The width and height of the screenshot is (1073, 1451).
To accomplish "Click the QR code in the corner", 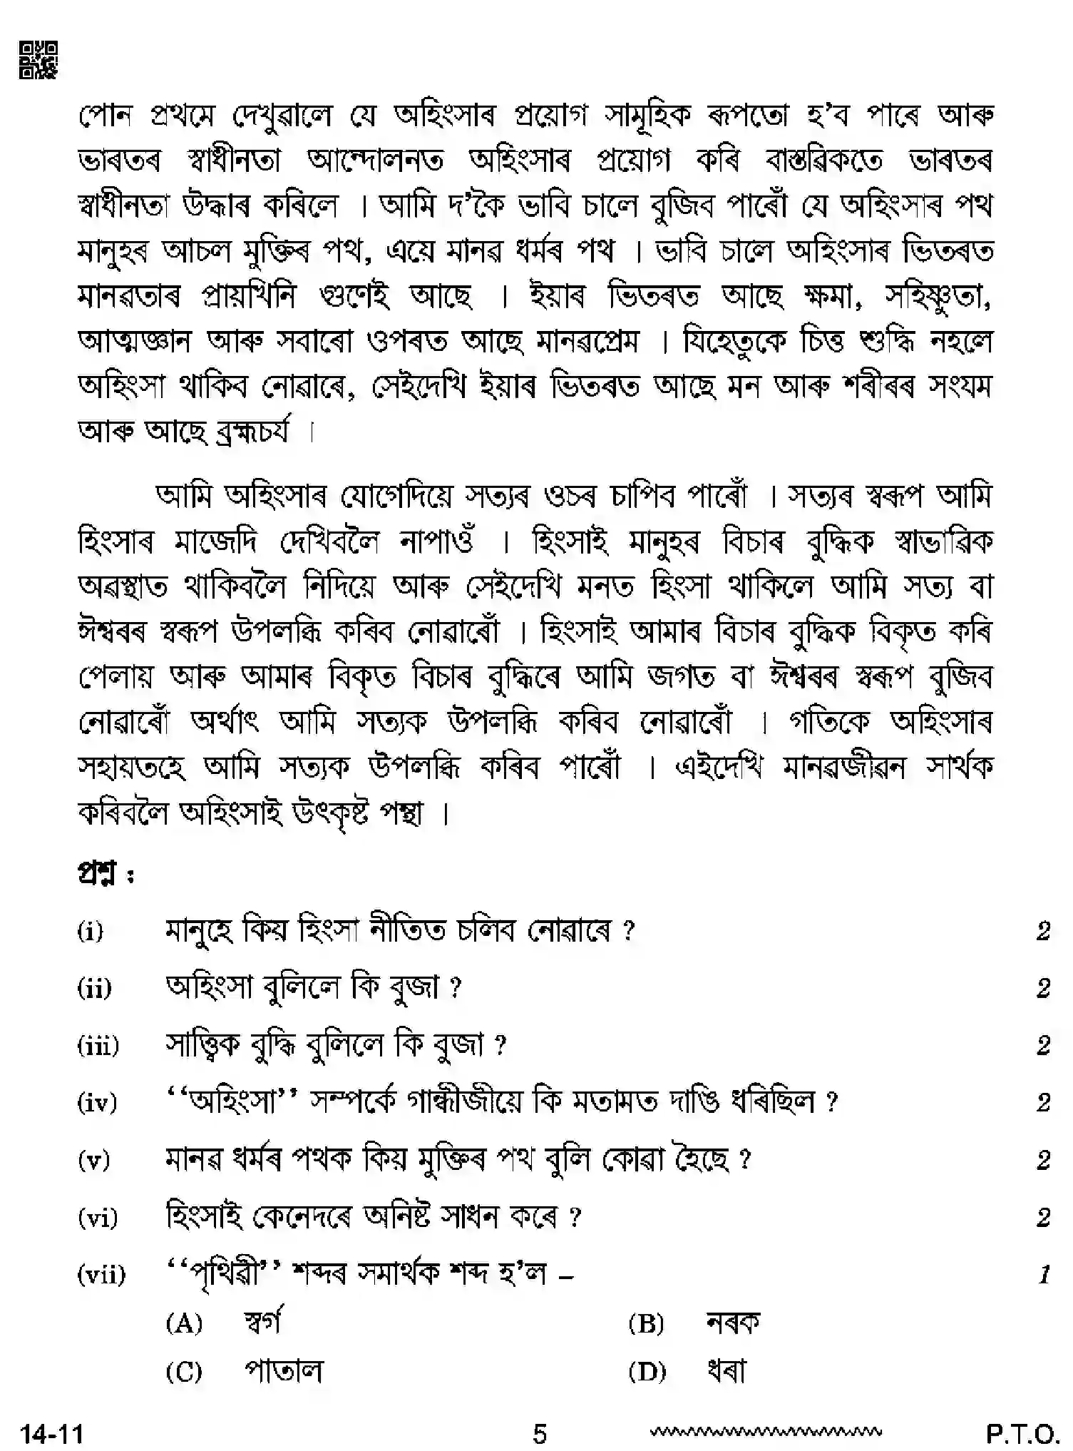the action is pos(38,60).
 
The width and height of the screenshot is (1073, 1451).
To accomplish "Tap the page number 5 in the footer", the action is pos(540,1432).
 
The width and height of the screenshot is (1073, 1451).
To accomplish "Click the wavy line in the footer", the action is pos(766,1430).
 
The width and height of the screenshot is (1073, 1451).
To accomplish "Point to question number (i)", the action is pos(91,931).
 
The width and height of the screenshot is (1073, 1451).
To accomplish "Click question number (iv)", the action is pos(96,1103).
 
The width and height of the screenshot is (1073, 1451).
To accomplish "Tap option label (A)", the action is pos(185,1324).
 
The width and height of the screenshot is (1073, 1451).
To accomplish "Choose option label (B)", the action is pos(647,1324).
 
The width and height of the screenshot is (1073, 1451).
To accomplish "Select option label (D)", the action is pos(647,1371).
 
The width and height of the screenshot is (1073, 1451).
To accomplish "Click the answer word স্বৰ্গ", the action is pos(262,1323).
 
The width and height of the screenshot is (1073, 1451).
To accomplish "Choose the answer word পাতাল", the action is pos(283,1370).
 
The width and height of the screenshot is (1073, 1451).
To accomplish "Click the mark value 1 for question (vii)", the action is pos(1044,1274).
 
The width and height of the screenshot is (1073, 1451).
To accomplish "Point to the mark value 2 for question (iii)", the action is pos(1044,1046).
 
